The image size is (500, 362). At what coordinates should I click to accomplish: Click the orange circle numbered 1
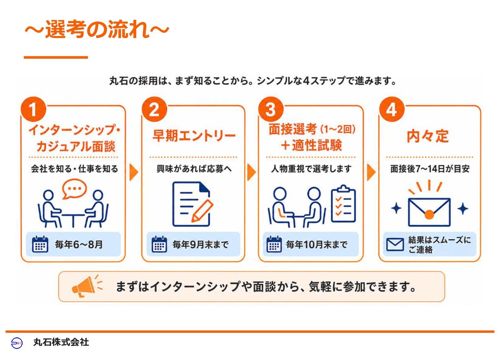point(33,109)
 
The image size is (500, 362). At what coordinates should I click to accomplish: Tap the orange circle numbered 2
point(154,109)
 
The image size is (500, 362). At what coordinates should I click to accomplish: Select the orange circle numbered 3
point(271,109)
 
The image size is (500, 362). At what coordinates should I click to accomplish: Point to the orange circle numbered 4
point(392,109)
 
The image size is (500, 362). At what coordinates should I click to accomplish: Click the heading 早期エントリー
point(194,136)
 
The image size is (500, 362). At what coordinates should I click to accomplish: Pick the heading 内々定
point(428,136)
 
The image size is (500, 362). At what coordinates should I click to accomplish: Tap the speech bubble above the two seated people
point(74,189)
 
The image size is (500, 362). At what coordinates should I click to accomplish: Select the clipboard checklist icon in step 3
point(343,204)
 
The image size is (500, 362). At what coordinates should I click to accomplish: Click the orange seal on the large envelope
point(429,214)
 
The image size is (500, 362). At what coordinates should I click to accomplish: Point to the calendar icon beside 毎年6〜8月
point(40,244)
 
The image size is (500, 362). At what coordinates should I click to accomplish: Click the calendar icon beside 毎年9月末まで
point(159,244)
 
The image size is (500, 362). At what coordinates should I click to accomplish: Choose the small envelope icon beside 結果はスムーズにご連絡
point(395,245)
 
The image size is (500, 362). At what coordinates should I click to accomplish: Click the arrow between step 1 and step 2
point(134,172)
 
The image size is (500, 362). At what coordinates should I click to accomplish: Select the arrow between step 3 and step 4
point(371,172)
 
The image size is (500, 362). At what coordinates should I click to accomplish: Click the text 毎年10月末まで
point(317,245)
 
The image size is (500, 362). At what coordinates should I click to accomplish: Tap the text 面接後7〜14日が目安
point(430,169)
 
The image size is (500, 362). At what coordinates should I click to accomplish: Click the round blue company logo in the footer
point(17,343)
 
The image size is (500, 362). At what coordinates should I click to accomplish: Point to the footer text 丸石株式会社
point(61,342)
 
